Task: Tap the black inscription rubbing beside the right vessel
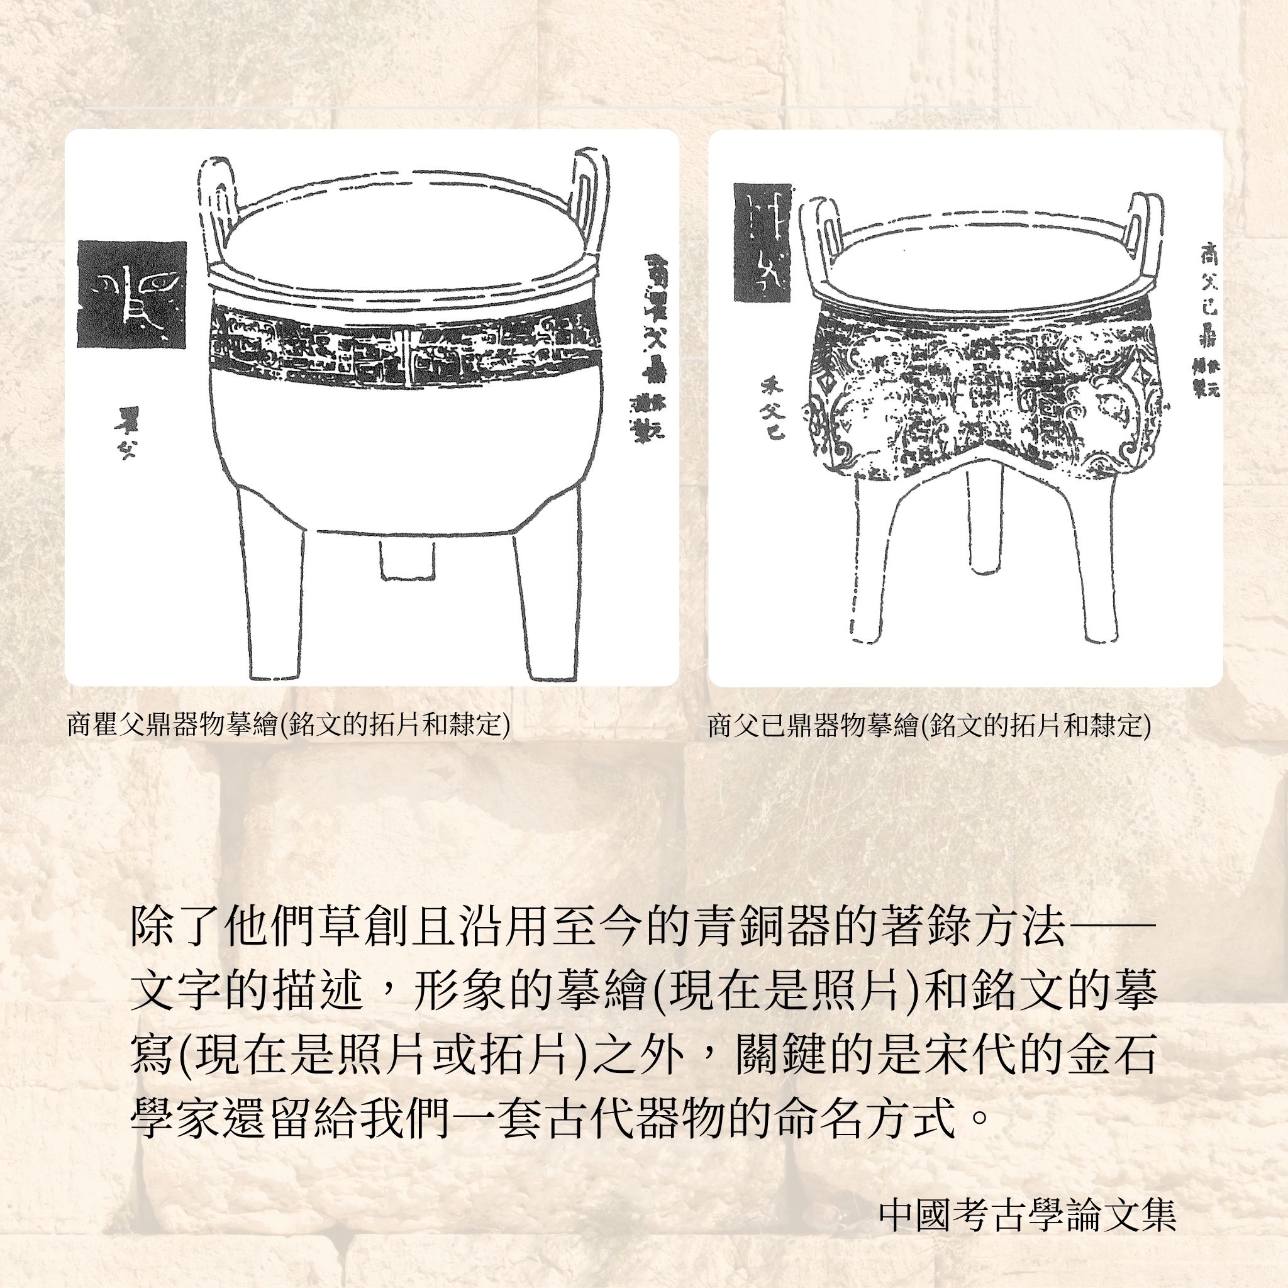[x=761, y=243]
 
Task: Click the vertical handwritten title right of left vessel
[x=643, y=347]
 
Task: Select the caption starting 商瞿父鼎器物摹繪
[x=288, y=725]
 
